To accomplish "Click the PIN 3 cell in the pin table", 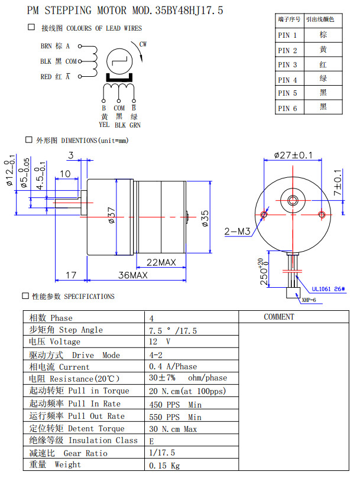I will [288, 64].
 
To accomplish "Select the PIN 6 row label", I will [288, 108].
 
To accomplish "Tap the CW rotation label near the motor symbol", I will [143, 44].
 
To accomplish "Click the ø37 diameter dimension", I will [112, 216].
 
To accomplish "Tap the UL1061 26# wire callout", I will [327, 290].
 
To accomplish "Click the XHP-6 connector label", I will [309, 300].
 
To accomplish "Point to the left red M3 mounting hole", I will [264, 213].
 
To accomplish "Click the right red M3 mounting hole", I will [321, 213].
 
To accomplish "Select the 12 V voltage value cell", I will [160, 342].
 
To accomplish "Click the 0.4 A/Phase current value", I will [173, 367].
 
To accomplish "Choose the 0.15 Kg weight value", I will [165, 465].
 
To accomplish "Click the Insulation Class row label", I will [83, 440].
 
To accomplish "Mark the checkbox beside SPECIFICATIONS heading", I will [25, 295].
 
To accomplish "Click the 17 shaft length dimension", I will [71, 275].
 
